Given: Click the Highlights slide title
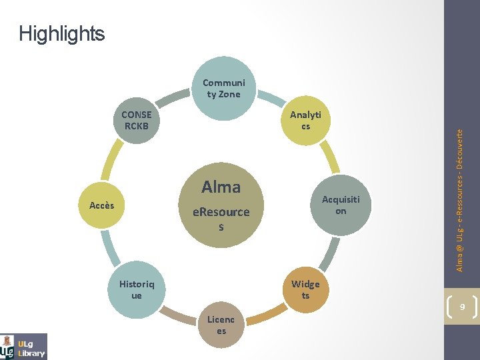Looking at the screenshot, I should tap(62, 33).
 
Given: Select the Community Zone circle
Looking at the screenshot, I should tap(223, 89).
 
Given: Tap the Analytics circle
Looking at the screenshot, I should tap(305, 121).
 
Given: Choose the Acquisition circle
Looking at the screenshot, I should tap(341, 205).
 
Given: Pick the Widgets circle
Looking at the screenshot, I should tap(305, 289).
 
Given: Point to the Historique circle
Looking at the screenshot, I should tap(137, 289).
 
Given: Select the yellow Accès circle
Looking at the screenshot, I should tap(102, 205).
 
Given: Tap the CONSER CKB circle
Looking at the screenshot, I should tap(137, 121).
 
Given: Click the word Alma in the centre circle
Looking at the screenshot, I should tap(221, 187).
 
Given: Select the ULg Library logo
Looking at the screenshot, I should tap(24, 346).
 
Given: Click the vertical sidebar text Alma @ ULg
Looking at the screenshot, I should tap(460, 200).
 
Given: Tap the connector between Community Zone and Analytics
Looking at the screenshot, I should tap(269, 99).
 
